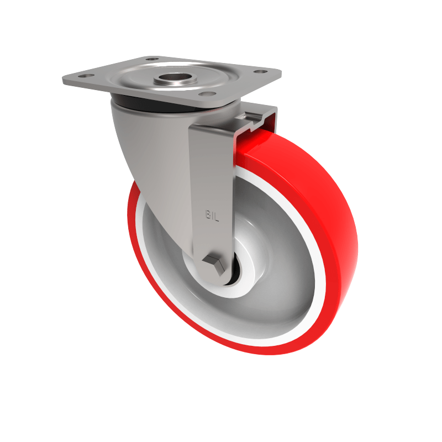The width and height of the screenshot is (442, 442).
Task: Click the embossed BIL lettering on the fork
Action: [x=213, y=215]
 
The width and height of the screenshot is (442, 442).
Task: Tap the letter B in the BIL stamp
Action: [x=208, y=215]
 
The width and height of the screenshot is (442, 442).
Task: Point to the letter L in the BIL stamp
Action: [x=217, y=216]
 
